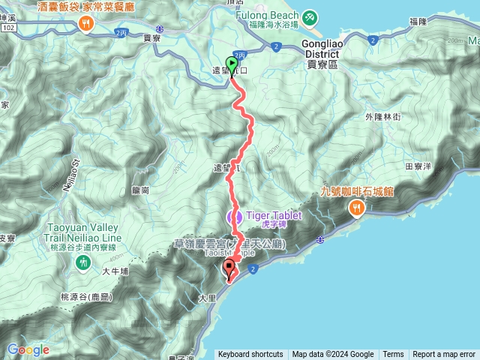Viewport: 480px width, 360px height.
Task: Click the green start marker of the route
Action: point(232,66)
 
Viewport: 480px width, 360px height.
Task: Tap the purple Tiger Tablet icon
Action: point(234,217)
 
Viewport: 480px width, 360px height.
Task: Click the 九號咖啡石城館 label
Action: point(357,191)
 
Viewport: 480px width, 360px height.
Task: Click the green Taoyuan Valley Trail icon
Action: point(82,262)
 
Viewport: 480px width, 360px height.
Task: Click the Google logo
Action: point(28,350)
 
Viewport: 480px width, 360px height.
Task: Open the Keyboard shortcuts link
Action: point(250,355)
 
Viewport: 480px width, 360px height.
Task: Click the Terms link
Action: point(393,355)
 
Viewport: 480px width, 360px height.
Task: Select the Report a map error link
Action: point(444,355)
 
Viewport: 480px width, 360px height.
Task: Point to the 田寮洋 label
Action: point(418,166)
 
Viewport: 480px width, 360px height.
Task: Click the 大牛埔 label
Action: point(115,271)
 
